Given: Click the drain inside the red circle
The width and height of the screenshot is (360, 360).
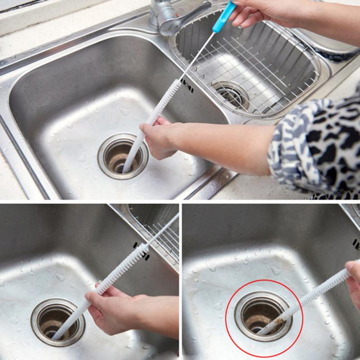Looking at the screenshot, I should [263, 315].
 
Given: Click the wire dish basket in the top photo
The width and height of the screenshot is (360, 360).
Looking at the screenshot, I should [252, 67].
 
